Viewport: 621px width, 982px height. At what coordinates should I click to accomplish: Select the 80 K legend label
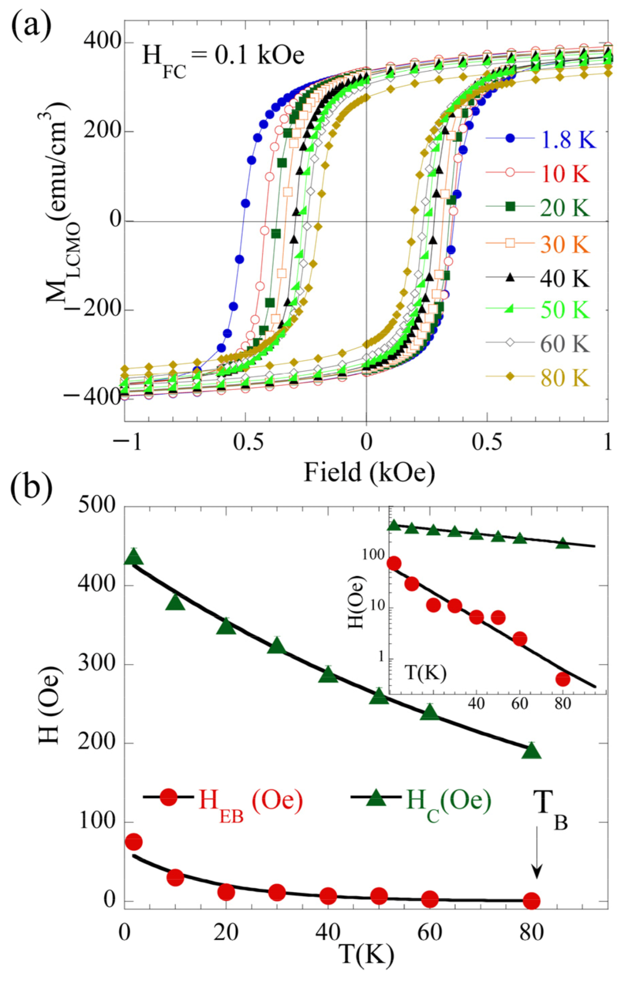pos(565,378)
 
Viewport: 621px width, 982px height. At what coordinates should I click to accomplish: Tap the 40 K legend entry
pos(565,278)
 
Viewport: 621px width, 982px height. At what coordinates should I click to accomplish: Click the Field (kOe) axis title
pos(369,473)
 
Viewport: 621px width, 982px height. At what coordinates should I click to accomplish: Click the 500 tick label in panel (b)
pos(97,506)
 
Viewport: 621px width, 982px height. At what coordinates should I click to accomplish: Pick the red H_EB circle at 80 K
pos(532,901)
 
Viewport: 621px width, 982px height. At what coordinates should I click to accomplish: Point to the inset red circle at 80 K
pos(563,679)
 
